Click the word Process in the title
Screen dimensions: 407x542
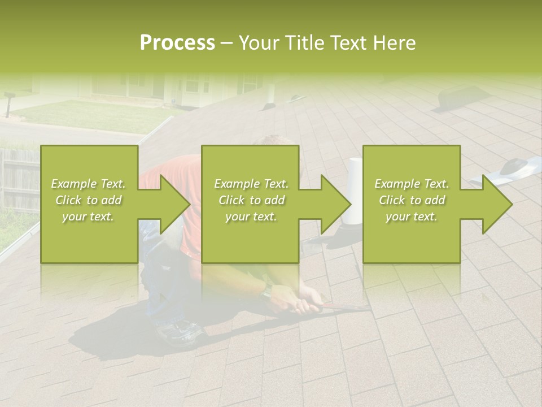click(x=177, y=43)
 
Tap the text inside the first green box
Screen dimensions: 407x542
click(x=89, y=200)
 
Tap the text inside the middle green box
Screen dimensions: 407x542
click(x=251, y=200)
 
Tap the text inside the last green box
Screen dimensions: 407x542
click(x=412, y=200)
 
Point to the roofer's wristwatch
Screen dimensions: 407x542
click(x=266, y=291)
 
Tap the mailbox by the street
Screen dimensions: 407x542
click(x=8, y=102)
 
